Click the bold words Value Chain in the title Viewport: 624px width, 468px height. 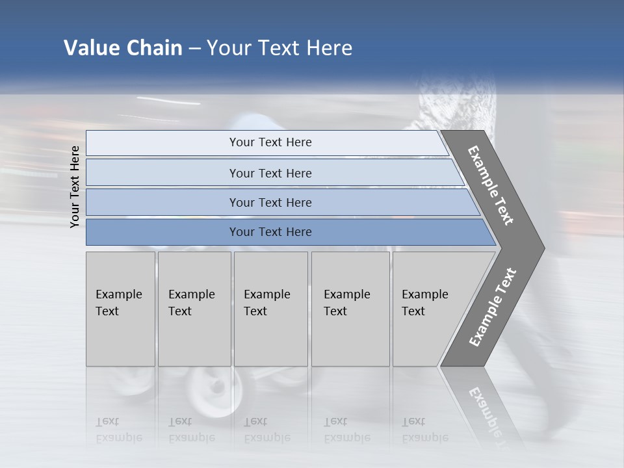coord(123,48)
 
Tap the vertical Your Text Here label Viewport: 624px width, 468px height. coord(75,187)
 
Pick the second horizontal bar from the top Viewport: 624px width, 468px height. coord(273,173)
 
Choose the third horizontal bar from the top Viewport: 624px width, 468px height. coord(279,202)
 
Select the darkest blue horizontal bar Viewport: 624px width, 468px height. coord(286,232)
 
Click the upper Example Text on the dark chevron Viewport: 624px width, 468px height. coord(491,185)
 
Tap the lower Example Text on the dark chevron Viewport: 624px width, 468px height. coord(493,307)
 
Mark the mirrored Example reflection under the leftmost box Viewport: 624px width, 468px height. coord(118,437)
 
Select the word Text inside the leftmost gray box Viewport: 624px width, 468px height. coord(107,311)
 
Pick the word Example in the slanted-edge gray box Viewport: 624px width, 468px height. coord(425,294)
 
